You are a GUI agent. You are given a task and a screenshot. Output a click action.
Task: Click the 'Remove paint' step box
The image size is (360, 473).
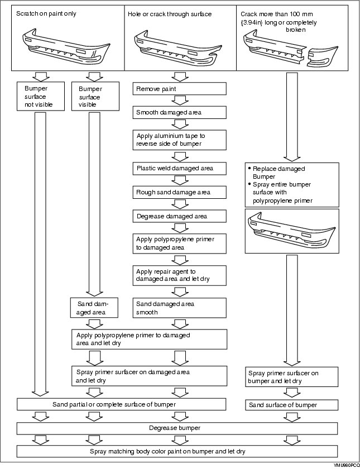(x=179, y=89)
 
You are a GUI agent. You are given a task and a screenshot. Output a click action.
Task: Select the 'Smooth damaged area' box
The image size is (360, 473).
(x=179, y=112)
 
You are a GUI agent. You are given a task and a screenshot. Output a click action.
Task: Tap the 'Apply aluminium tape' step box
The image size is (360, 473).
(x=179, y=140)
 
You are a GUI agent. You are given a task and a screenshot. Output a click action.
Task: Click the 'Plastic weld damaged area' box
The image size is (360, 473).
(x=179, y=168)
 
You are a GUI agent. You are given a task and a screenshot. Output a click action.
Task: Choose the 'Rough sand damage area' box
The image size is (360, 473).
(x=179, y=192)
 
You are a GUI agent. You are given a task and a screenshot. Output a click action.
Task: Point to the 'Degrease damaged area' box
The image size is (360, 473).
(x=179, y=216)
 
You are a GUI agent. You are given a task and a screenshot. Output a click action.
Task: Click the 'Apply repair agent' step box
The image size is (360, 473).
(x=179, y=275)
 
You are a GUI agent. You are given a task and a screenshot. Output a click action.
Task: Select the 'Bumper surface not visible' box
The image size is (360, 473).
(x=41, y=96)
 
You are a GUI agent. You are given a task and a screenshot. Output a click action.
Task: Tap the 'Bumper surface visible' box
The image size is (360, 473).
(x=95, y=96)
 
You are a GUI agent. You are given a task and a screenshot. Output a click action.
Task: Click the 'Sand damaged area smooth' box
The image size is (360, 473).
(x=179, y=308)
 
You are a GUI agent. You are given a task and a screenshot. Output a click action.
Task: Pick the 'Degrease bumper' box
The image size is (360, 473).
(x=177, y=428)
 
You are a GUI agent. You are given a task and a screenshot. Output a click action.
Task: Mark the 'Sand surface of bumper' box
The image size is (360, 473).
(x=291, y=405)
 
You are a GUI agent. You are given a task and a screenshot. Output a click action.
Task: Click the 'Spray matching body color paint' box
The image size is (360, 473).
(x=177, y=452)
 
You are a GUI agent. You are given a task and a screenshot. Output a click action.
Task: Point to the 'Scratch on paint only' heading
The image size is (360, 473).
(x=46, y=13)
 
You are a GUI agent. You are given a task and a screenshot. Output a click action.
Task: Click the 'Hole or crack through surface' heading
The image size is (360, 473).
(x=170, y=14)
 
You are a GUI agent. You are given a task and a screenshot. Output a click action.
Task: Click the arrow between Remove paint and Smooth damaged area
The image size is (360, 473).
(x=180, y=101)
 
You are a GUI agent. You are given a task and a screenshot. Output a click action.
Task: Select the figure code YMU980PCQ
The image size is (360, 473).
(x=347, y=466)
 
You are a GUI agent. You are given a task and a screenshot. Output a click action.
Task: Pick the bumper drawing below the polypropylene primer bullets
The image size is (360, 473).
(x=292, y=231)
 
